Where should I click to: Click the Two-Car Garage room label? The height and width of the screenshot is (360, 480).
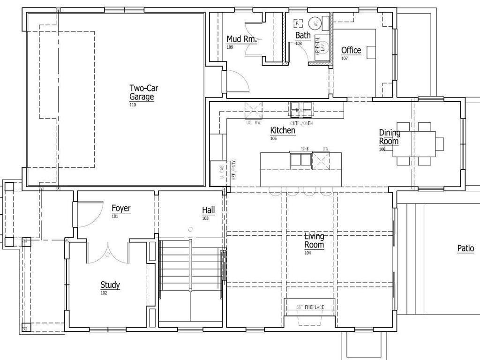[142, 92]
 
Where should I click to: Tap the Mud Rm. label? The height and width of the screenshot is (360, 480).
[241, 39]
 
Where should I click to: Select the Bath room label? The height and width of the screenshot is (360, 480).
[303, 35]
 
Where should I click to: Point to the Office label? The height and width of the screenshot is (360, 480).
[351, 50]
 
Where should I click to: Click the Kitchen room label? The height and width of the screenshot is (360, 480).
[283, 130]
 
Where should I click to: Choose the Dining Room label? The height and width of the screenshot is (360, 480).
[390, 137]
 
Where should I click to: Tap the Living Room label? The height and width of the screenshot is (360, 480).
[314, 240]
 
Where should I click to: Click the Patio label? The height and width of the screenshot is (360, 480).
[465, 249]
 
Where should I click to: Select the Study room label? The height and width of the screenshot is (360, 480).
[110, 285]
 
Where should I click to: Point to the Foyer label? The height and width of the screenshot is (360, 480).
[121, 208]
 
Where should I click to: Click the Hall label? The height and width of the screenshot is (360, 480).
[209, 210]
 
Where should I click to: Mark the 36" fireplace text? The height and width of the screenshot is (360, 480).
[310, 307]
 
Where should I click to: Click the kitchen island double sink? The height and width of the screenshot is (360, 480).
[300, 160]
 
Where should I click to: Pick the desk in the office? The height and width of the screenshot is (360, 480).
[372, 52]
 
